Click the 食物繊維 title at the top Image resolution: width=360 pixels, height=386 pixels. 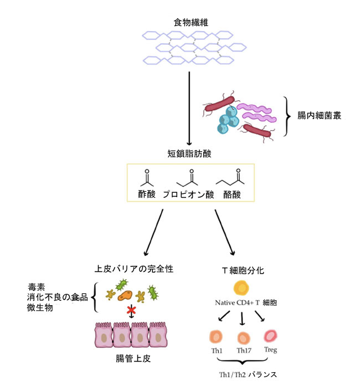coord(191,22)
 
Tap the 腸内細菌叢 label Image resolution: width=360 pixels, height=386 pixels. coord(319,115)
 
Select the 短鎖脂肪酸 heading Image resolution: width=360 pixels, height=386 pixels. coord(189,153)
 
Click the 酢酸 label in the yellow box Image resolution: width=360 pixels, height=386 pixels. coord(147,194)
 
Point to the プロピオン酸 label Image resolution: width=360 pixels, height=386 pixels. coord(188,194)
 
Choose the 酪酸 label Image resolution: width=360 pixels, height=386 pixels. coord(232,194)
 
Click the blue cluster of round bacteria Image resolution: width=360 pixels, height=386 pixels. coord(228,120)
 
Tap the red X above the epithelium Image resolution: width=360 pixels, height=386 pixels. coord(131,310)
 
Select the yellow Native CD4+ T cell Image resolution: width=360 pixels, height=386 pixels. coord(241,288)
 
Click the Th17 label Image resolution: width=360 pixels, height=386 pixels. coord(244,351)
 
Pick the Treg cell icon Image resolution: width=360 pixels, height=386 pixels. coord(270,336)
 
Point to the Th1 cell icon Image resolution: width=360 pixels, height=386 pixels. coord(216,337)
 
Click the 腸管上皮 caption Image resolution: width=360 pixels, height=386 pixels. coord(133,358)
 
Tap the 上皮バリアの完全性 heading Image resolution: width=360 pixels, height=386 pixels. coord(134,269)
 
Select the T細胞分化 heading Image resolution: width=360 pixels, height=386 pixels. coord(243,271)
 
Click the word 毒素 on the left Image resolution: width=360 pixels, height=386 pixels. coord(36,287)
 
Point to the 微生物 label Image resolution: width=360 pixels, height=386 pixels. coord(40,308)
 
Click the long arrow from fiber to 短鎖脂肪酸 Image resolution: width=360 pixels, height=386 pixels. coord(189,109)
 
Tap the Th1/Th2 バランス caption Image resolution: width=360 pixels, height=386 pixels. coord(248,375)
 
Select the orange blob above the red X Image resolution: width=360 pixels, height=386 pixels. coord(125,295)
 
